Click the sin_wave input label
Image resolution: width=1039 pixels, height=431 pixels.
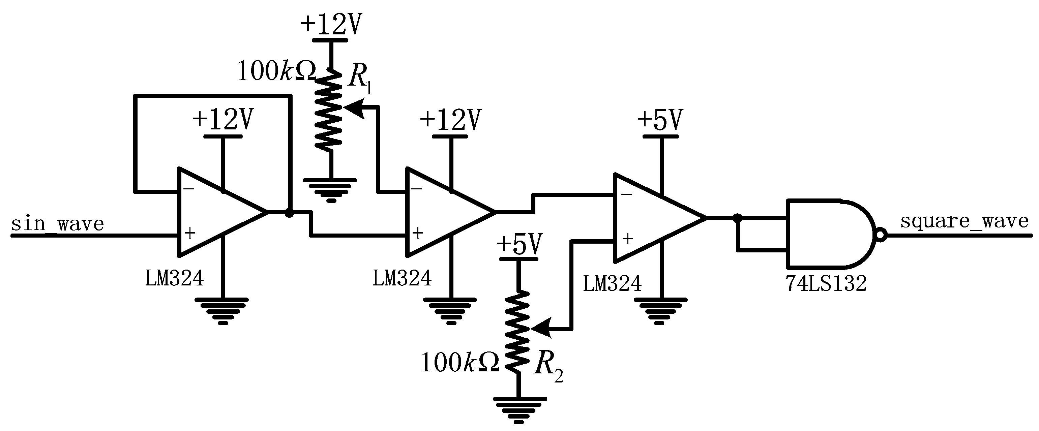point(57,224)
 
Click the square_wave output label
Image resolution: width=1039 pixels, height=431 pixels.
point(964,221)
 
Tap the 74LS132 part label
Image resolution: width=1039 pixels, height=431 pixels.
point(826,284)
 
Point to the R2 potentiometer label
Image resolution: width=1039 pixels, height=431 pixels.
point(547,367)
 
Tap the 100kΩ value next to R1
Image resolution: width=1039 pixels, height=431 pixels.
point(277,72)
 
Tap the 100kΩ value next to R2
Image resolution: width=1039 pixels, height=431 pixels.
point(460,363)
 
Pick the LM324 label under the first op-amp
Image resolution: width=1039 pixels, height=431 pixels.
point(174,278)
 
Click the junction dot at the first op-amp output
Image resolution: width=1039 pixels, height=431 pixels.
point(289,213)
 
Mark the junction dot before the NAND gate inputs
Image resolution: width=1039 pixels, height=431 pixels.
point(737,218)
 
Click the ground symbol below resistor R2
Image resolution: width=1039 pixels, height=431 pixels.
point(519,409)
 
